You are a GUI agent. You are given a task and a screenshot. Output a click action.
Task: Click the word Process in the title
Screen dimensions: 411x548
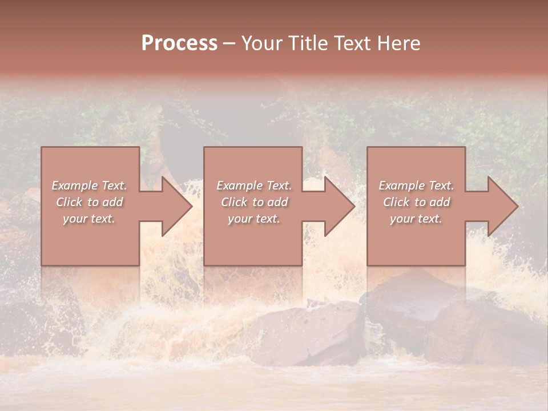point(179,43)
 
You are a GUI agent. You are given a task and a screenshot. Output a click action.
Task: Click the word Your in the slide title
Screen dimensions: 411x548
point(264,43)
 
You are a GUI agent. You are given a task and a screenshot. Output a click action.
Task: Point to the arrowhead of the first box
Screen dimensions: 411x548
point(175,206)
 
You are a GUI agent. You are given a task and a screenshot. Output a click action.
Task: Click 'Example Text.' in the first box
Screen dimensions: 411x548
point(89,186)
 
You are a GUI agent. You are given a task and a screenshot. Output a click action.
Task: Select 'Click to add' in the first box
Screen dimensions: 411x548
point(89,202)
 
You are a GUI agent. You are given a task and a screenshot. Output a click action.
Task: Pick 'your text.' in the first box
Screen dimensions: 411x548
point(89,219)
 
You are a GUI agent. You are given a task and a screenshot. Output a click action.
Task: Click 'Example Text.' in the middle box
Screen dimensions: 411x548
point(254,186)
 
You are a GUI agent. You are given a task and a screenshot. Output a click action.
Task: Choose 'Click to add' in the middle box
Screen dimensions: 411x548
point(254,202)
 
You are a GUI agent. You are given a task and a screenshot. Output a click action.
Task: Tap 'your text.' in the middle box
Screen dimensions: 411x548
point(254,219)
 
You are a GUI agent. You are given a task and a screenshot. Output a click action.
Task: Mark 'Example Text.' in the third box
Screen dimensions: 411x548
point(416,186)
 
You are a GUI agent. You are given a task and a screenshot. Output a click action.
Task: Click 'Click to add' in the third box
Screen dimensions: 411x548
point(416,202)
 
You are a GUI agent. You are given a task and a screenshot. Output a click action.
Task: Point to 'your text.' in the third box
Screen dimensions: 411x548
point(416,219)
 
